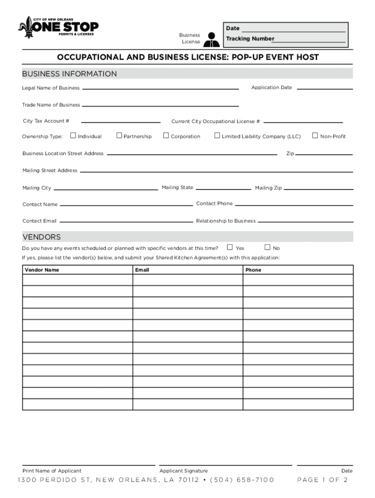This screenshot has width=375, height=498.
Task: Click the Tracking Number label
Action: [250, 39]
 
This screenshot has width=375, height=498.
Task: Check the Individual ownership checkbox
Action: [74, 136]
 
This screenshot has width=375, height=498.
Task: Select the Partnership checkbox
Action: [119, 136]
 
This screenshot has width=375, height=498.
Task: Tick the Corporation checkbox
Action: [166, 136]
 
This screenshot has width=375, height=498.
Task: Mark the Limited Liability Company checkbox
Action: [217, 136]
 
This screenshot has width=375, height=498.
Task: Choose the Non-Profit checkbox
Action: [315, 136]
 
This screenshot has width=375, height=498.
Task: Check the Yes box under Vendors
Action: [230, 248]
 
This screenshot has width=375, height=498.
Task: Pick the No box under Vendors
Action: [267, 248]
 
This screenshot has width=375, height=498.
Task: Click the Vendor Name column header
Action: [42, 270]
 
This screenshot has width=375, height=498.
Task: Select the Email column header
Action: [142, 270]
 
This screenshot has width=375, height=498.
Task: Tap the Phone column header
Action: [253, 270]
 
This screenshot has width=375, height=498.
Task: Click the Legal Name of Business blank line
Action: [161, 89]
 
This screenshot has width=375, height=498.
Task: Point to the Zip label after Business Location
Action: [290, 154]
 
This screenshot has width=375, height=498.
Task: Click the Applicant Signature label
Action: [184, 471]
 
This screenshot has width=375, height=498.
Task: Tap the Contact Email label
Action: [39, 221]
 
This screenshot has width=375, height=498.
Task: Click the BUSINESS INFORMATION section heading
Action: [70, 74]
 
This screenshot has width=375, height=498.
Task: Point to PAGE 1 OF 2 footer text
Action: [322, 480]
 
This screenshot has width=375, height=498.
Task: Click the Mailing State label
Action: [177, 187]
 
